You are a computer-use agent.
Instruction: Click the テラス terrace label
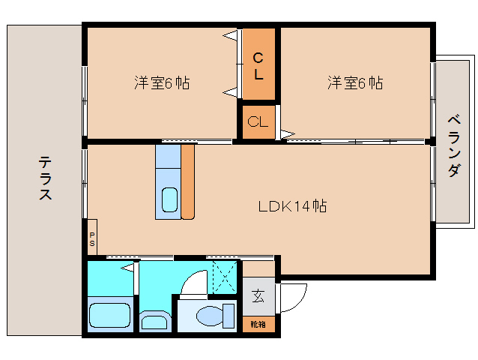(x=45, y=178)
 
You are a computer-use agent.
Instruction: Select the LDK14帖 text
(x=291, y=205)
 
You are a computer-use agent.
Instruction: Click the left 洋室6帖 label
(x=161, y=83)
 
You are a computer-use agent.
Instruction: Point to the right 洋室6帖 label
(x=354, y=83)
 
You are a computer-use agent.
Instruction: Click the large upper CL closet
(x=258, y=65)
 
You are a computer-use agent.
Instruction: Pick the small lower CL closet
(x=258, y=123)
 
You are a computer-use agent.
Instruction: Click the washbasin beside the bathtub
(x=155, y=322)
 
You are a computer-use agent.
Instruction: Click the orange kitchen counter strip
(x=187, y=181)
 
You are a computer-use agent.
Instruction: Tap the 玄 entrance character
(x=258, y=296)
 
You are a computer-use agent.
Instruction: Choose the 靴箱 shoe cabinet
(x=258, y=325)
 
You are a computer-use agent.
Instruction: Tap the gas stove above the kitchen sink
(x=168, y=157)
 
